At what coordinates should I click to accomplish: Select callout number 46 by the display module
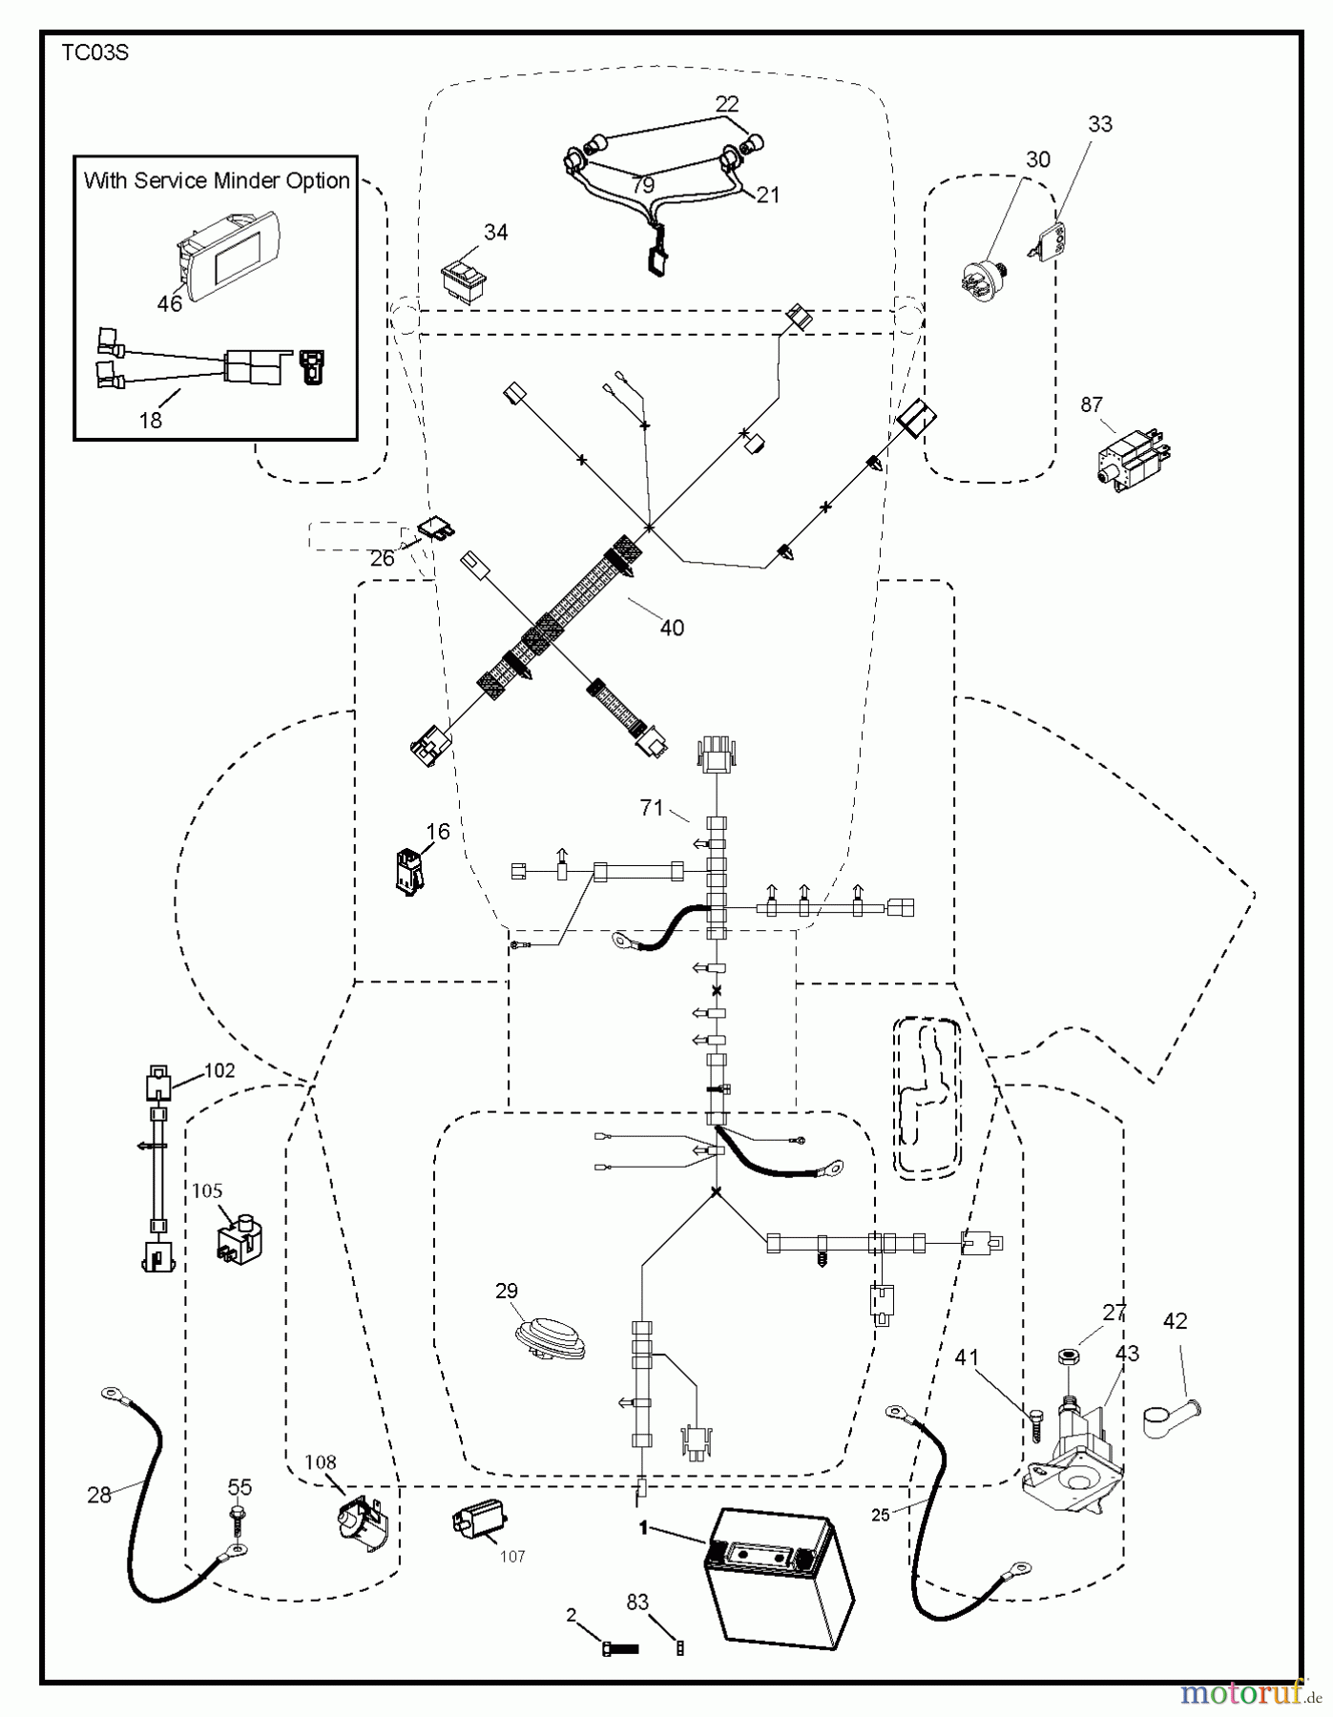[x=170, y=304]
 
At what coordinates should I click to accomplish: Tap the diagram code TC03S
[x=94, y=53]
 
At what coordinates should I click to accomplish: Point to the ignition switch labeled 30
[x=983, y=277]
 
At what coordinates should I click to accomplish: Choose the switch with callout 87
[x=1133, y=456]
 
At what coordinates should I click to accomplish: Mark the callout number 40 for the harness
[x=672, y=628]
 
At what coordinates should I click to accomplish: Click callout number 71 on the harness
[x=652, y=808]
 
